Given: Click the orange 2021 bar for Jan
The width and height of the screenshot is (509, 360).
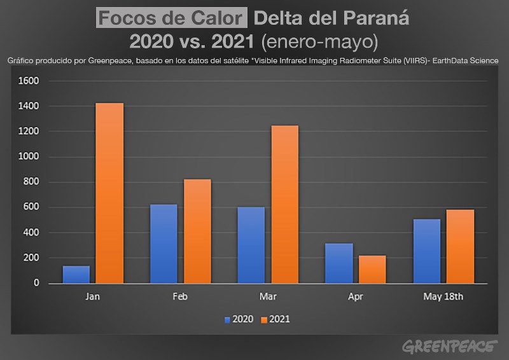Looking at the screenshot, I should coord(109,193).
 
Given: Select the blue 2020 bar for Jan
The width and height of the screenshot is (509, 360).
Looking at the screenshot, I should coord(76,274).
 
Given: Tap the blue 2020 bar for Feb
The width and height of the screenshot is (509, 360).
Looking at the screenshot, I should coord(164,244).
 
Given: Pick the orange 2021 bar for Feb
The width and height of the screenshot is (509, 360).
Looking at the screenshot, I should coord(197,231).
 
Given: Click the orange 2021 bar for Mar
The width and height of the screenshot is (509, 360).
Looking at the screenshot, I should coord(284,204).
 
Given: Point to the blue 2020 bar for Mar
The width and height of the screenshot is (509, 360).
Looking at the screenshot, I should coord(251,245).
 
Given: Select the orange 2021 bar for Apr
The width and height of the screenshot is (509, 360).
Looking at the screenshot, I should coord(372,269).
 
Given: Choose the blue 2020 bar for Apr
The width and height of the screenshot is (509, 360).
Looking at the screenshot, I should coord(339,263).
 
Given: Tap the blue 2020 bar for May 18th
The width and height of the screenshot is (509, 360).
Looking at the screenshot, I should coord(426,251).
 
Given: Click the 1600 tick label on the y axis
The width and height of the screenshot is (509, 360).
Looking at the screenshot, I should coord(29,81).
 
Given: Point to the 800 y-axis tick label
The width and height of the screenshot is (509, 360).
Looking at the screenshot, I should coord(31,182).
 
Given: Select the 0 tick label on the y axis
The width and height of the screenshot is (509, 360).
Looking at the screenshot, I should coord(37,283).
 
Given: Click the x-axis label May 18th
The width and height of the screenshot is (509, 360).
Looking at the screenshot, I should coord(443,297).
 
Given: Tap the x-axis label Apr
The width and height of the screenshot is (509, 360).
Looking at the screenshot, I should coord(356,297).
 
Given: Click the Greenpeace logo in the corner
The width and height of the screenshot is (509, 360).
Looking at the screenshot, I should coord(449,345).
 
